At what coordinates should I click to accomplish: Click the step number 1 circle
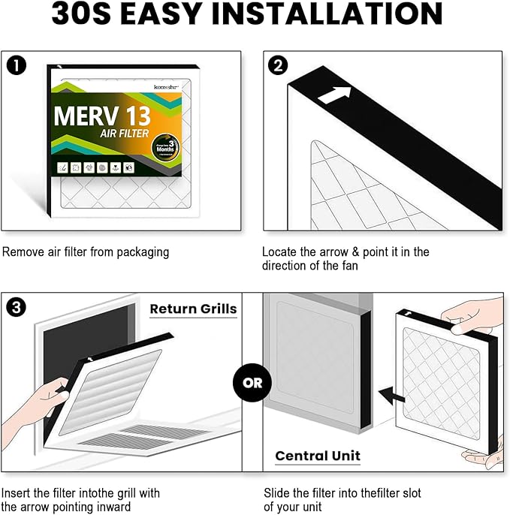pyautogui.click(x=16, y=65)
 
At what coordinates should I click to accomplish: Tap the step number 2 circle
pyautogui.click(x=278, y=65)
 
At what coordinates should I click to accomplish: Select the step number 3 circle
pyautogui.click(x=16, y=307)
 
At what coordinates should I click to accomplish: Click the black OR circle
pyautogui.click(x=252, y=382)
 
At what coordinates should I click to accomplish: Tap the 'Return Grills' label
pyautogui.click(x=193, y=309)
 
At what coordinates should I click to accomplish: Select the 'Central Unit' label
pyautogui.click(x=318, y=456)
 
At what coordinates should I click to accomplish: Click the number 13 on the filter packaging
pyautogui.click(x=134, y=116)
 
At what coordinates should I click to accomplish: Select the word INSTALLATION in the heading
pyautogui.click(x=339, y=14)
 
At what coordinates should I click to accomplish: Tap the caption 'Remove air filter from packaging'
pyautogui.click(x=86, y=252)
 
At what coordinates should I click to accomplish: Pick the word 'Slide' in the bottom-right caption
pyautogui.click(x=278, y=493)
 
